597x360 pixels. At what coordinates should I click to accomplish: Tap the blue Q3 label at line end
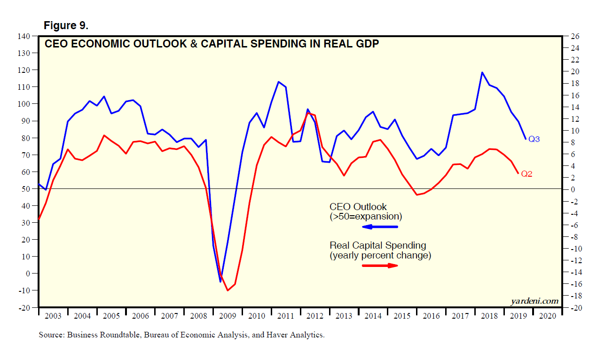534,139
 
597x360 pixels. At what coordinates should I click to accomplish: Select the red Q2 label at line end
526,174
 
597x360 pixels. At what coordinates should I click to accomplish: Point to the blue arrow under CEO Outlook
380,227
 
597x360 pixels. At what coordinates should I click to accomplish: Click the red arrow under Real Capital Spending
380,266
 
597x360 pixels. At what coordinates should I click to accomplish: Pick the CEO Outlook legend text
358,207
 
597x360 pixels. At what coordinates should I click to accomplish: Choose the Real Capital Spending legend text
378,245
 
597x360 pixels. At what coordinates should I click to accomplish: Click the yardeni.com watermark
535,301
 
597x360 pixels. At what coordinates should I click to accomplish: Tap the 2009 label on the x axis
228,316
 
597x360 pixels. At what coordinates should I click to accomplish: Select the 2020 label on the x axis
547,316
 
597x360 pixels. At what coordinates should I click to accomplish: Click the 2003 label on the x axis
53,316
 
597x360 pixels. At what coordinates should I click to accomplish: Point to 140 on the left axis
24,36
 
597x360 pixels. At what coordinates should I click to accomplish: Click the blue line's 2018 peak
482,72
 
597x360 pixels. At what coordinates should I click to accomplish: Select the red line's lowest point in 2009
228,290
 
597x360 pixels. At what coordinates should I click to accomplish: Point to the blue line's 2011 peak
278,82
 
